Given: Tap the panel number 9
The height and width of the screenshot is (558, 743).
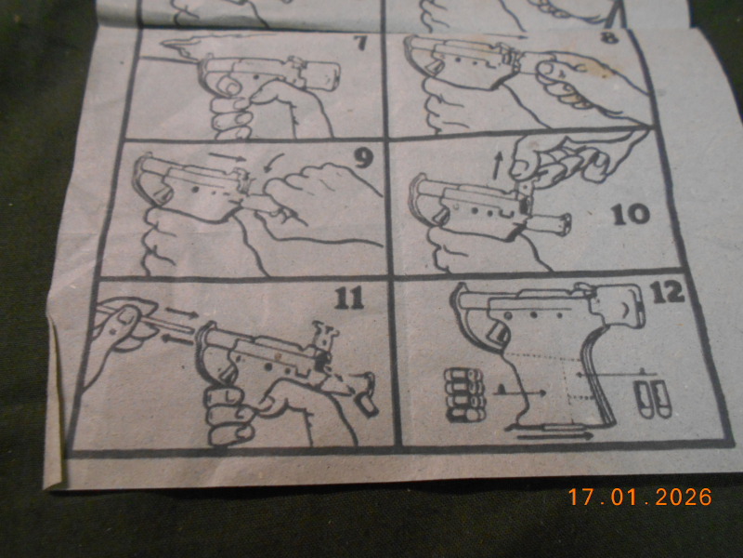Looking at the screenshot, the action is (x=363, y=158).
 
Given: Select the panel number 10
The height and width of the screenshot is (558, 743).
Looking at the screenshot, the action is (x=631, y=215).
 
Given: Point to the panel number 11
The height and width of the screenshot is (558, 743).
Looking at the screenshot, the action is (x=349, y=298).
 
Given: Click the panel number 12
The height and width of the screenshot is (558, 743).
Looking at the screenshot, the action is (x=667, y=292).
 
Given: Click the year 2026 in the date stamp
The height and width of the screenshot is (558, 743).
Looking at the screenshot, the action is (x=684, y=497).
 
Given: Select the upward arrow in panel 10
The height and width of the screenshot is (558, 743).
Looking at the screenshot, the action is (x=496, y=167).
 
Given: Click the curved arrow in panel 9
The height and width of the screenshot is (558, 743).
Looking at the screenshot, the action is (x=273, y=163).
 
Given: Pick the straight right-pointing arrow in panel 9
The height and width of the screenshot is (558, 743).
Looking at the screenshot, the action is (x=228, y=156).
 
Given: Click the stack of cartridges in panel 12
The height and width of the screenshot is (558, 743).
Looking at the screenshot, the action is (x=465, y=396).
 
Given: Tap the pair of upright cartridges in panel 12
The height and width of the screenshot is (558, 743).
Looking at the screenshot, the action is (x=653, y=399).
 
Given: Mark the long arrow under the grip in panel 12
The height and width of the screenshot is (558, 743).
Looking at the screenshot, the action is (x=554, y=434).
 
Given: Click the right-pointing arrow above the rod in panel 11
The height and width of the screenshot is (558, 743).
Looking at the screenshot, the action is (x=181, y=312).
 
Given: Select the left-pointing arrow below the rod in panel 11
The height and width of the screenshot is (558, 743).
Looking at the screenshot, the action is (x=177, y=338).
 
